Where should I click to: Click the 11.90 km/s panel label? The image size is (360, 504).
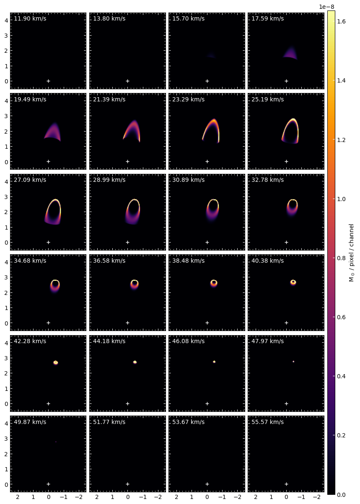pyautogui.click(x=30, y=18)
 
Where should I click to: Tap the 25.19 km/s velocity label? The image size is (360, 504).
pyautogui.click(x=267, y=99)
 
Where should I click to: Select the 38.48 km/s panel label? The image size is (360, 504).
pyautogui.click(x=188, y=261)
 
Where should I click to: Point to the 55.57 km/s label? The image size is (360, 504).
pyautogui.click(x=267, y=422)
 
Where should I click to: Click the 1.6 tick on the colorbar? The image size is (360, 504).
pyautogui.click(x=341, y=21)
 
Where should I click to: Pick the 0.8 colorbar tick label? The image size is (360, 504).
pyautogui.click(x=341, y=258)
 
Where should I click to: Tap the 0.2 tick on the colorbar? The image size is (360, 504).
pyautogui.click(x=341, y=435)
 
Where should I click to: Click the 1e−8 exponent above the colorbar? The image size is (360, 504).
pyautogui.click(x=326, y=7)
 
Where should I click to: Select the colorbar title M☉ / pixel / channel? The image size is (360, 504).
pyautogui.click(x=351, y=253)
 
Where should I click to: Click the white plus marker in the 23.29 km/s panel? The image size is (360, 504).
pyautogui.click(x=207, y=162)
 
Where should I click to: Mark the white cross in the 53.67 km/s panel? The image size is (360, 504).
pyautogui.click(x=207, y=484)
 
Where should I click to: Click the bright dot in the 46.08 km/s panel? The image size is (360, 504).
pyautogui.click(x=214, y=362)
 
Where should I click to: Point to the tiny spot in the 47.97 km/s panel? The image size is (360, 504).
pyautogui.click(x=293, y=362)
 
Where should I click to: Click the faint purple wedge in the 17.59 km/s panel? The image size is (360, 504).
pyautogui.click(x=290, y=54)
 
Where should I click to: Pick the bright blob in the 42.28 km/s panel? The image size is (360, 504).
pyautogui.click(x=56, y=362)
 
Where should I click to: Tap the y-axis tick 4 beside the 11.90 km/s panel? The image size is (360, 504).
pyautogui.click(x=6, y=21)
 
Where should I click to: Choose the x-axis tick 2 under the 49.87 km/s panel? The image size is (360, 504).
pyautogui.click(x=18, y=497)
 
